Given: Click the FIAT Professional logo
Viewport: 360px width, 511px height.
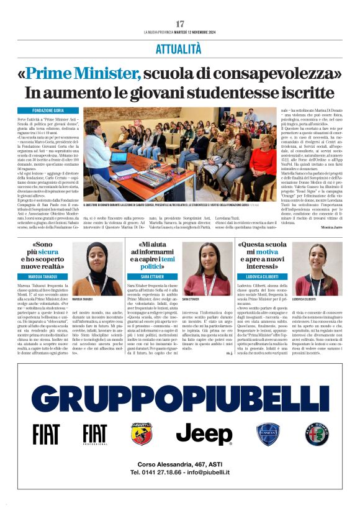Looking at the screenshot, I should (x=95, y=434).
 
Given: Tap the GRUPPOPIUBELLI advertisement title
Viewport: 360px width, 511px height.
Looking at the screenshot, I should (x=180, y=397).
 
